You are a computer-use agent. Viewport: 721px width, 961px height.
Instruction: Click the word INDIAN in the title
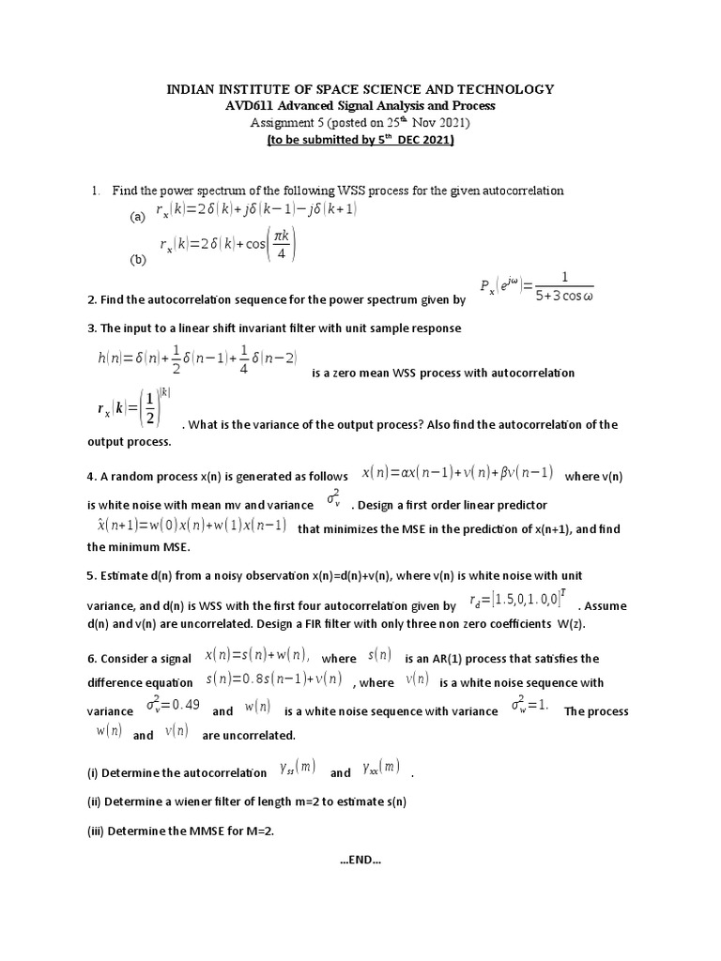[192, 89]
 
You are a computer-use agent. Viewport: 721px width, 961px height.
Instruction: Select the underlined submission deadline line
[360, 140]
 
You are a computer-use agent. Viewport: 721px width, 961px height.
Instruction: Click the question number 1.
[96, 191]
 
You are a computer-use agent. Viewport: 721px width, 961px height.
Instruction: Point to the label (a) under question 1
[137, 216]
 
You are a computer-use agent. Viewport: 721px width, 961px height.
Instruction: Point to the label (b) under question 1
[138, 259]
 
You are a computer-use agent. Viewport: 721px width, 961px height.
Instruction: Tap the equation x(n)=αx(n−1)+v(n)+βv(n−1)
[457, 472]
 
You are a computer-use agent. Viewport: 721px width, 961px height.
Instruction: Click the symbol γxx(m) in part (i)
[382, 770]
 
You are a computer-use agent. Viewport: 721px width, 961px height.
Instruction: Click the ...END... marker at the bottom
[360, 860]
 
